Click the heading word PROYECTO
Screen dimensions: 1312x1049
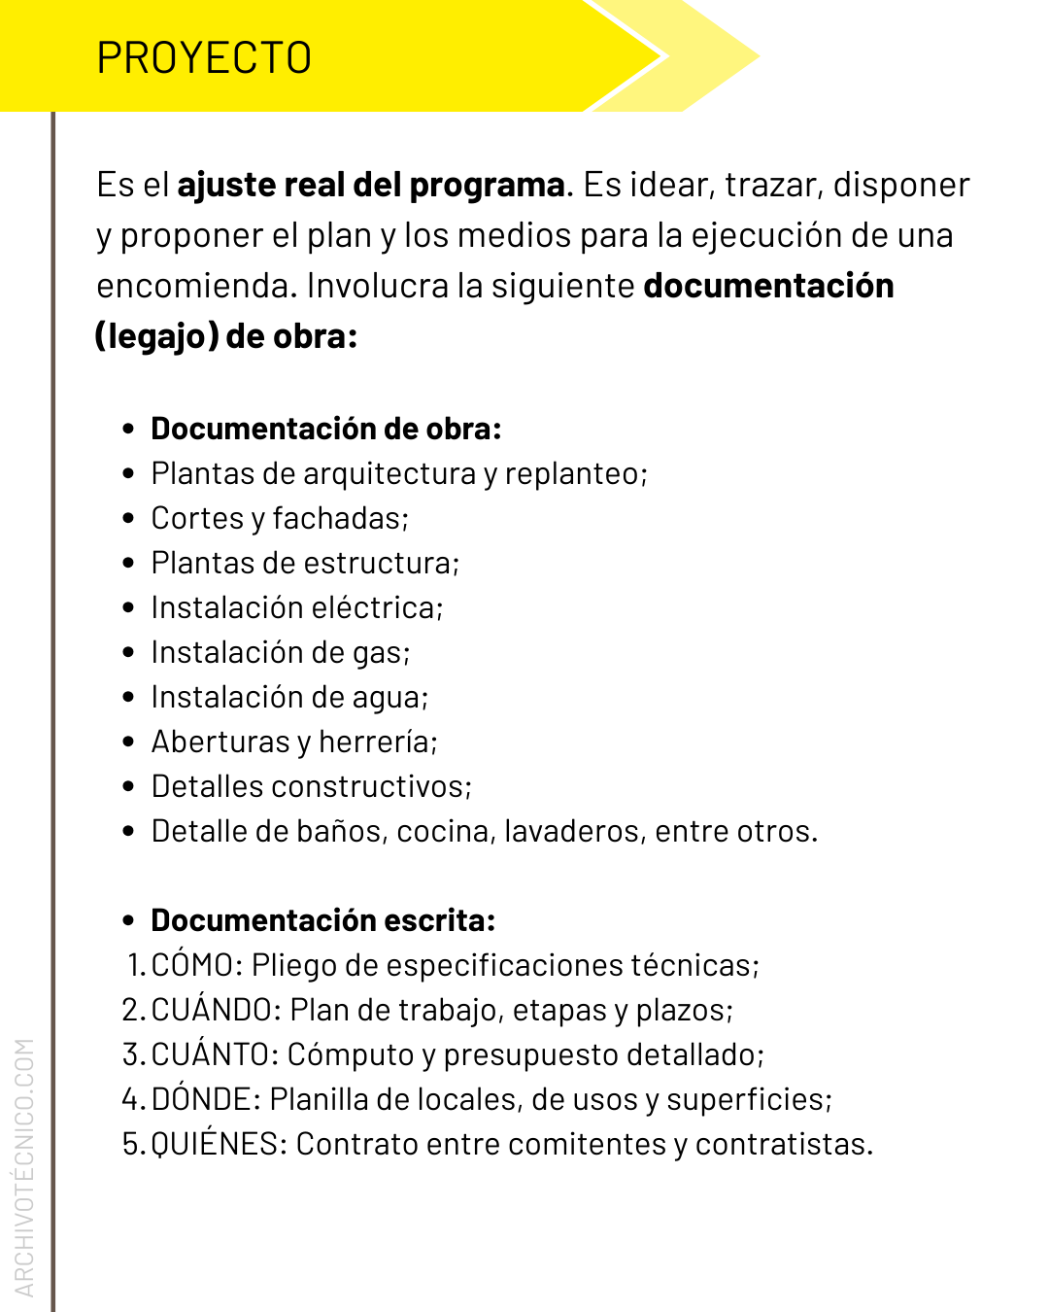click(x=204, y=58)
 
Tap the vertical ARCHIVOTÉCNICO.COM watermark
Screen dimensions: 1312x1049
click(x=24, y=1166)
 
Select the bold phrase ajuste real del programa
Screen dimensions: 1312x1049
click(x=371, y=185)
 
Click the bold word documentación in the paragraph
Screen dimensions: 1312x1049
click(x=768, y=286)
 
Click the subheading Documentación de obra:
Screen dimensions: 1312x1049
click(x=326, y=429)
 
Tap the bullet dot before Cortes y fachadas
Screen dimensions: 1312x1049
click(x=129, y=518)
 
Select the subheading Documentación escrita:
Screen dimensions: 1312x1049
click(x=323, y=920)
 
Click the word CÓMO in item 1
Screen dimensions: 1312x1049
click(x=192, y=965)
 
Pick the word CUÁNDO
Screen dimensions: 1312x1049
click(x=212, y=1010)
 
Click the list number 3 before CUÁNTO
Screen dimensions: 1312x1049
click(x=132, y=1054)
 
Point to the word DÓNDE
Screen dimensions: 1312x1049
click(x=202, y=1099)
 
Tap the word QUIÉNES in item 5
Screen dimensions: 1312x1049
click(x=215, y=1144)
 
